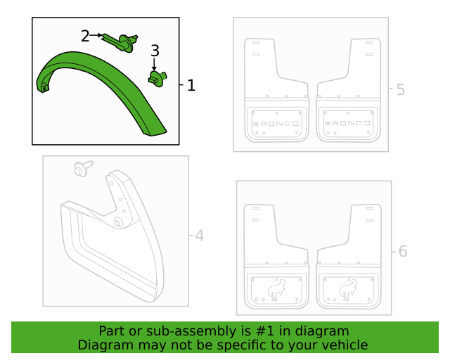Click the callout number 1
click(191, 86)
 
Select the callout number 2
click(85, 36)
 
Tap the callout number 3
click(155, 51)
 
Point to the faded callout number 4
click(200, 236)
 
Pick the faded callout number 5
click(401, 89)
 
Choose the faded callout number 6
click(403, 251)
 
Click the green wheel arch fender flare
click(101, 92)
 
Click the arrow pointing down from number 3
click(155, 64)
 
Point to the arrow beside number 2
click(96, 35)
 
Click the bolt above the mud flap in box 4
click(83, 168)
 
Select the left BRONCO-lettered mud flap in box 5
click(276, 90)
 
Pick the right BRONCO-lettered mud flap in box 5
click(349, 90)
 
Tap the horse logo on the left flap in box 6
click(276, 290)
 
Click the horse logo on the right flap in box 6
click(349, 290)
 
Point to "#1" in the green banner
click(264, 331)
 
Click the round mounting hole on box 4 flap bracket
click(117, 222)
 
